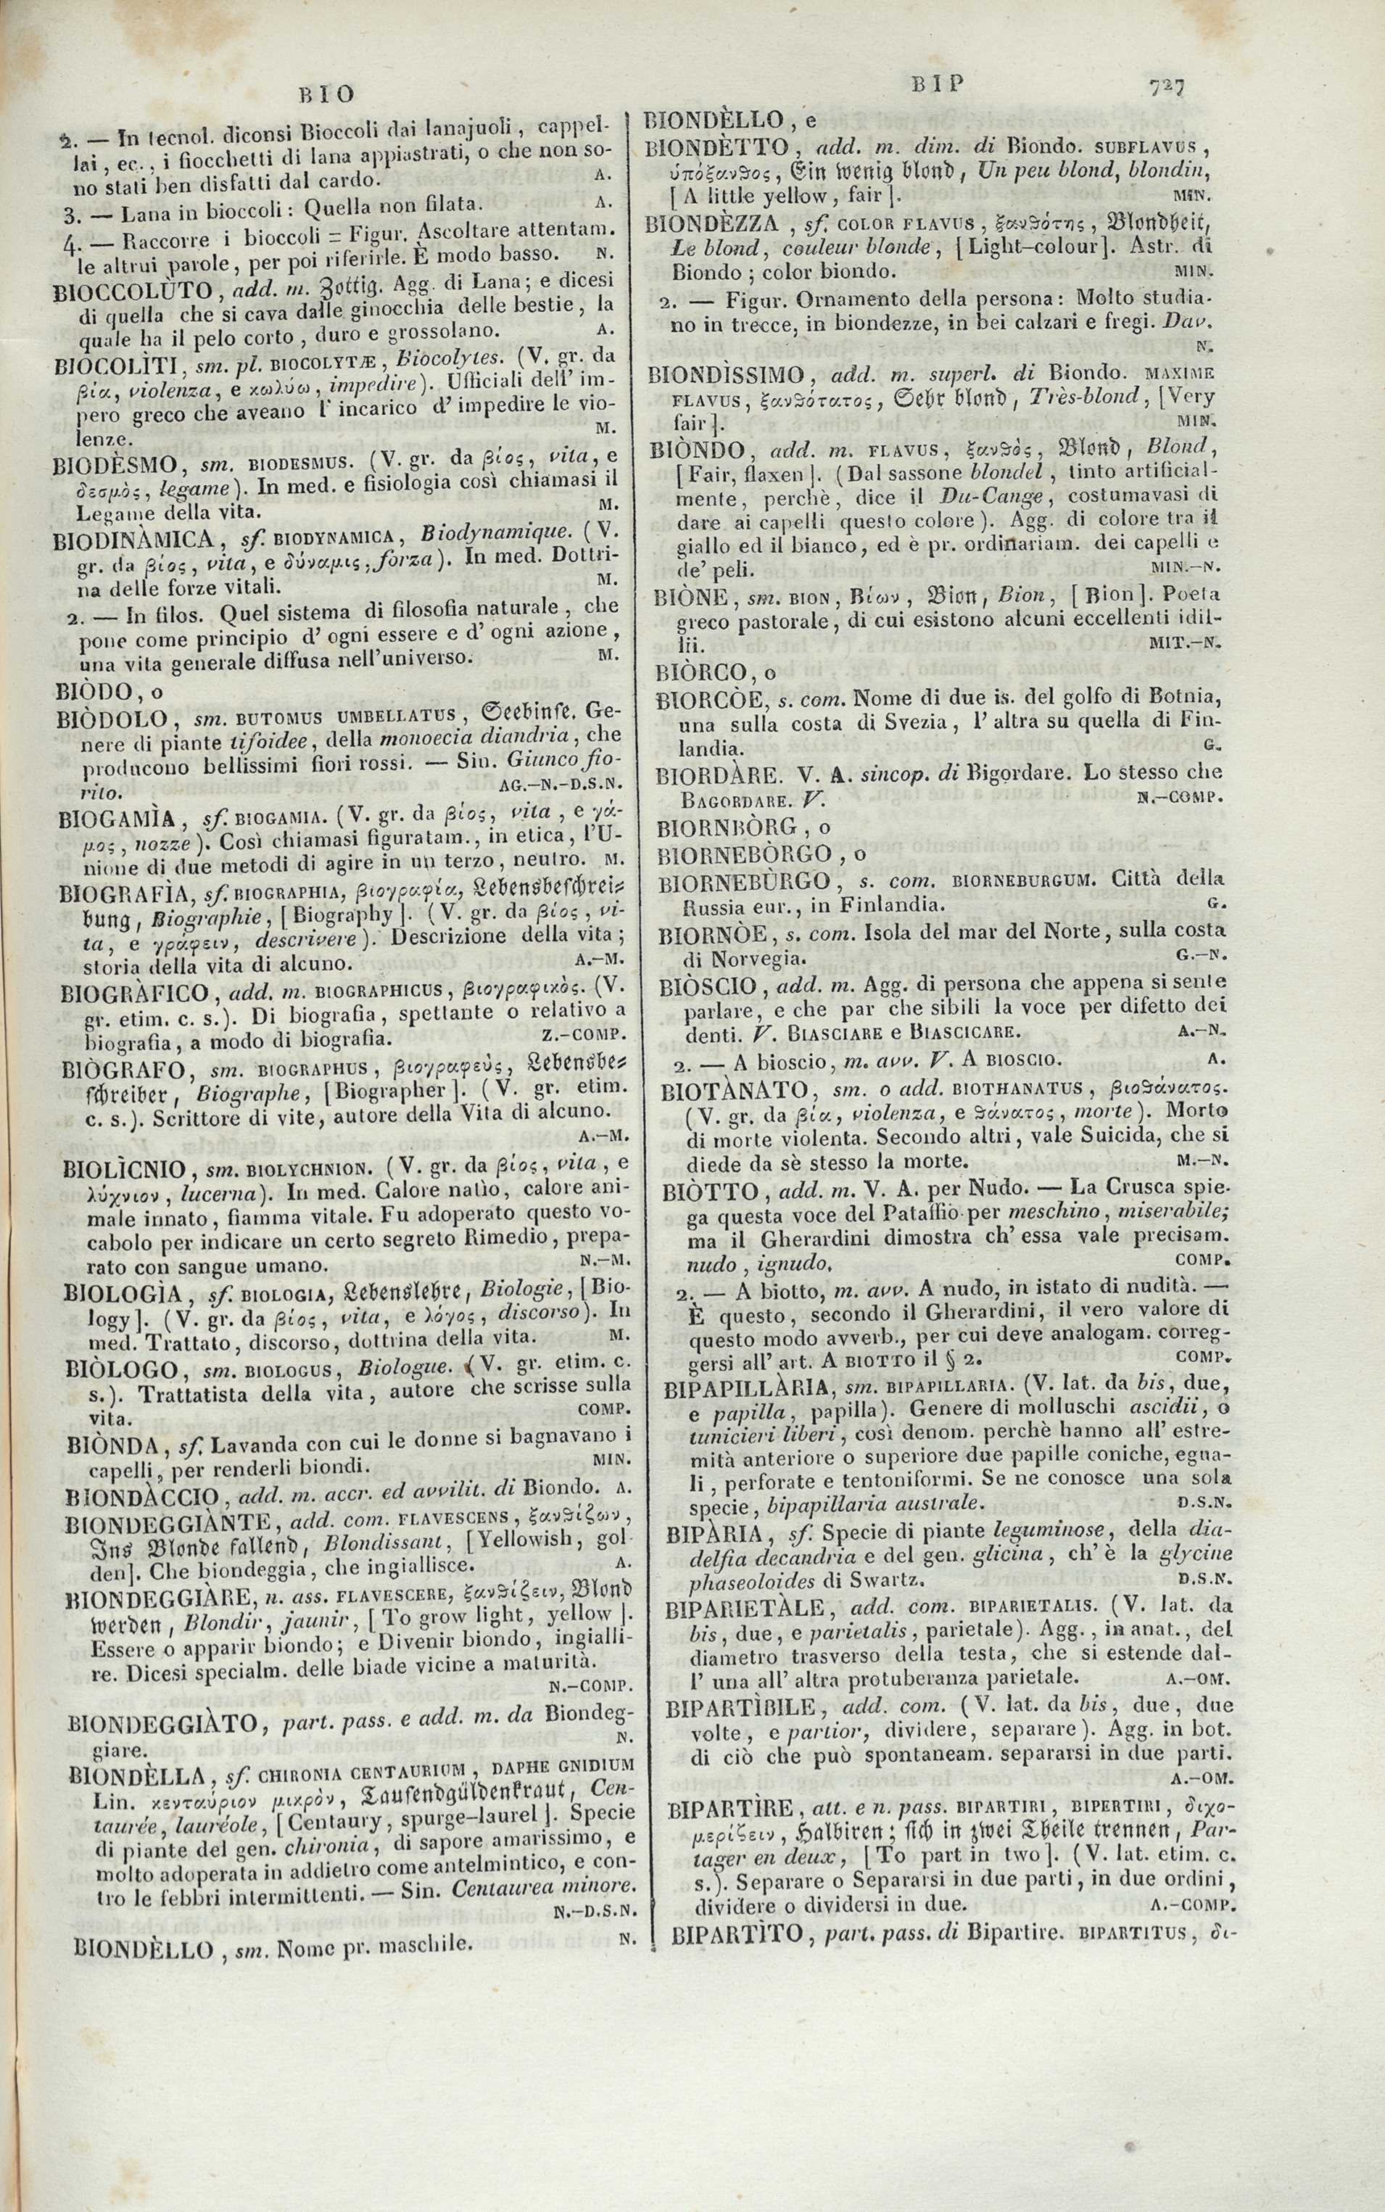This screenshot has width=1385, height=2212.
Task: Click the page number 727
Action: click(1166, 87)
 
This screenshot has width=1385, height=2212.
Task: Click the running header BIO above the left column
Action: click(327, 94)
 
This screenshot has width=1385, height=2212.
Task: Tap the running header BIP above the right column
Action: click(939, 85)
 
